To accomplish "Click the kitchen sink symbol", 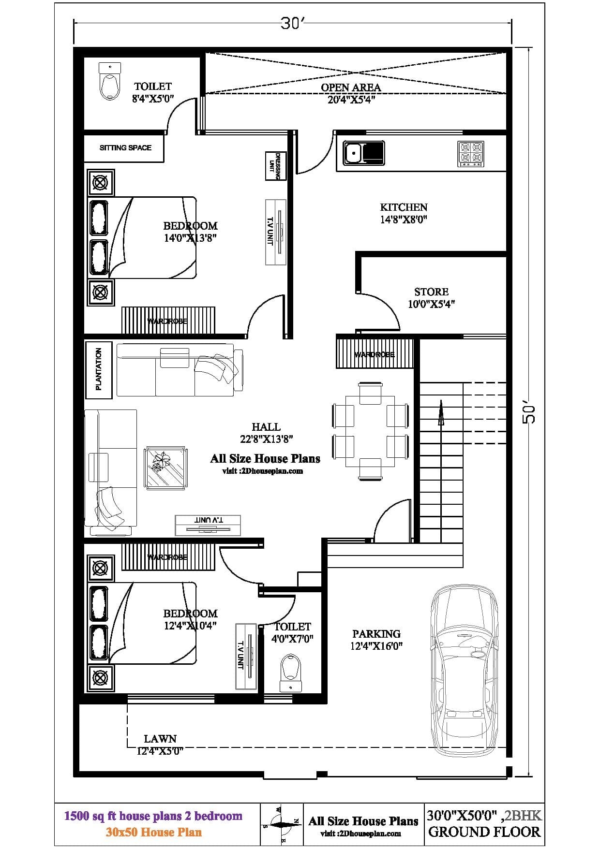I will click(x=363, y=153).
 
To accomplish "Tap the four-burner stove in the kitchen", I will click(x=470, y=154).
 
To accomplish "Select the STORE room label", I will click(x=431, y=292).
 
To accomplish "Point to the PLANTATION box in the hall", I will click(x=99, y=370).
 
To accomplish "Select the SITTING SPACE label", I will click(x=125, y=148).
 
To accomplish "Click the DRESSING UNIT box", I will click(x=276, y=166).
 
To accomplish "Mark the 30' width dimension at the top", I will click(x=292, y=23).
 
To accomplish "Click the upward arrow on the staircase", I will click(x=441, y=413).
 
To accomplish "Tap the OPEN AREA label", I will click(x=351, y=88).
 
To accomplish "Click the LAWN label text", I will click(x=160, y=739).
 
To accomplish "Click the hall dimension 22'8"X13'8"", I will click(x=266, y=439).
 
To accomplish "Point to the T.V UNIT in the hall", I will click(x=208, y=525).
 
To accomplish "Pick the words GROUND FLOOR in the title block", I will click(x=484, y=832).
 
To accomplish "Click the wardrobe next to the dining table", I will click(x=375, y=354).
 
